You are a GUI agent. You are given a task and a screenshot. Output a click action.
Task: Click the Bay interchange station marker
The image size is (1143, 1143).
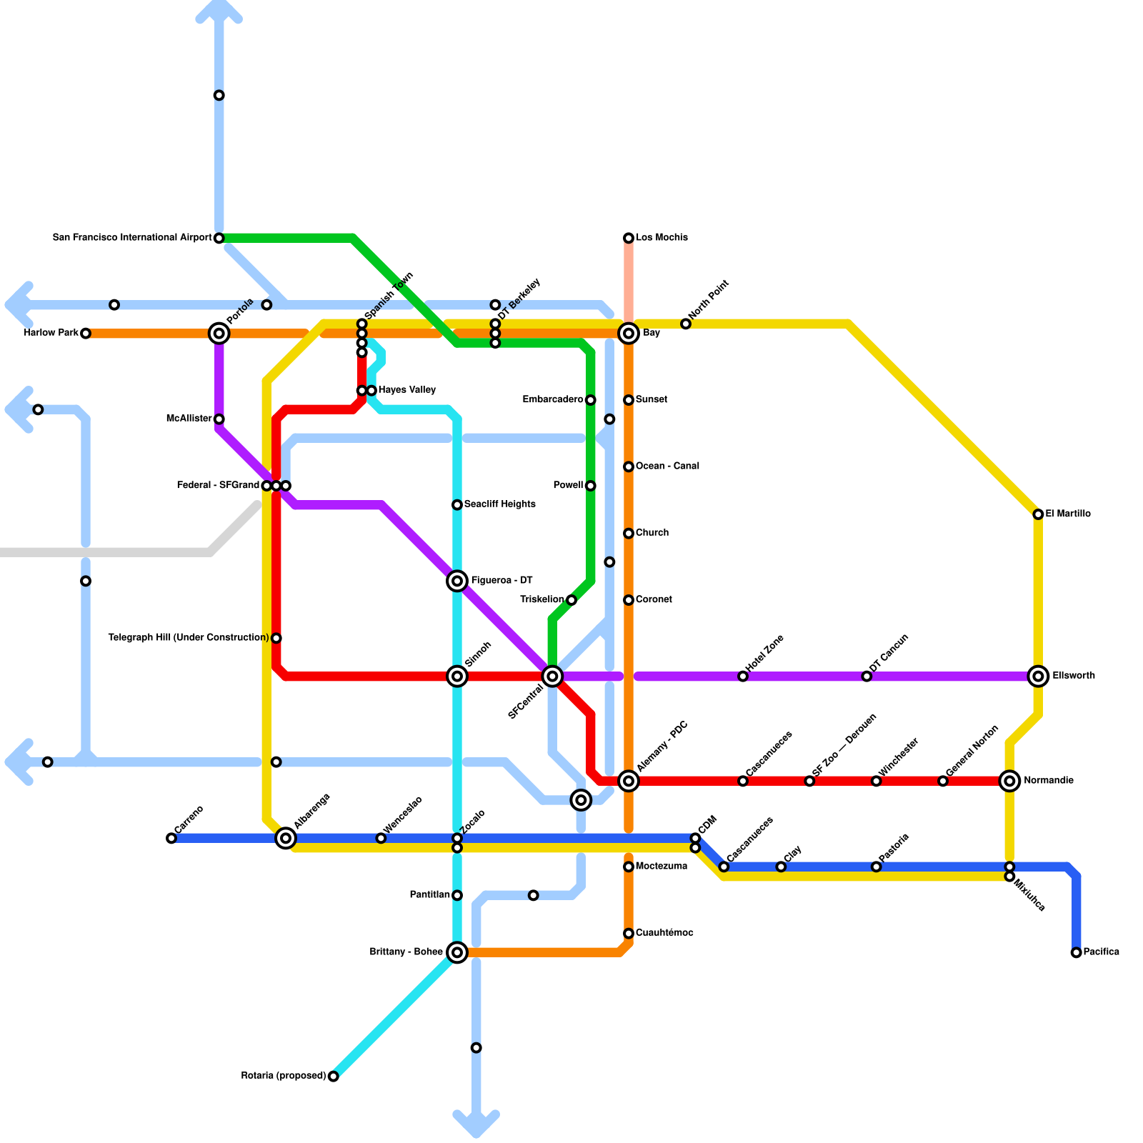629,333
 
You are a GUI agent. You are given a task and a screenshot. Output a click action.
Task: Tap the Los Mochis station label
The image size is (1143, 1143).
662,238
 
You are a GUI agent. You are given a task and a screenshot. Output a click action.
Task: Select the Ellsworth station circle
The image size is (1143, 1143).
1039,676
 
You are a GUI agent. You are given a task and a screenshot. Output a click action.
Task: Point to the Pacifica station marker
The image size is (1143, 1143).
1076,952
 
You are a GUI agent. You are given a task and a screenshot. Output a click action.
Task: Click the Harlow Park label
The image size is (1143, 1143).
51,333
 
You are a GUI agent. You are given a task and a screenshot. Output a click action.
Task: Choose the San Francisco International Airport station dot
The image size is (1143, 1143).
219,238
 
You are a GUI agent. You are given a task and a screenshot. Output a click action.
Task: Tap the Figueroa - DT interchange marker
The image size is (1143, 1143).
457,581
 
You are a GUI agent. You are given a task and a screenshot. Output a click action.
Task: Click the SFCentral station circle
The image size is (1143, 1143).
552,676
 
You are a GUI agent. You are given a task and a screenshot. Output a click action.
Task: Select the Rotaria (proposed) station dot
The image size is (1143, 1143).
333,1076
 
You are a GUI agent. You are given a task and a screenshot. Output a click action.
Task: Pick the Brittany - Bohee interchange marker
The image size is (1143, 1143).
457,952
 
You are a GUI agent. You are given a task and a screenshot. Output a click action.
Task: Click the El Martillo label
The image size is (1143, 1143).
1068,514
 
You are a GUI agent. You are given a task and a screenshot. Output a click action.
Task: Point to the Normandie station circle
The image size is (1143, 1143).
1009,781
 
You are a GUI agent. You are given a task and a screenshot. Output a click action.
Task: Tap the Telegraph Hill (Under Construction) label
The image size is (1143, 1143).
188,638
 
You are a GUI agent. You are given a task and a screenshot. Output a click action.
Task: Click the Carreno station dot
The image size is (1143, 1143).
171,838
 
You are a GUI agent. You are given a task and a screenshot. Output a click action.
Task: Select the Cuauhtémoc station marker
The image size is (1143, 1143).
629,934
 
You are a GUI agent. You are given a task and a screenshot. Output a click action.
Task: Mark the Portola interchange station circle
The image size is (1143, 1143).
219,333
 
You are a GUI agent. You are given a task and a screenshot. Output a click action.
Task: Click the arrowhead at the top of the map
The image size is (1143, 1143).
219,9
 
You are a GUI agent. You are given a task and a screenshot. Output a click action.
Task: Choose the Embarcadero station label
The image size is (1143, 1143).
552,400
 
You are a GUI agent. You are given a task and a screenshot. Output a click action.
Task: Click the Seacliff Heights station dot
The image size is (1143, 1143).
457,505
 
